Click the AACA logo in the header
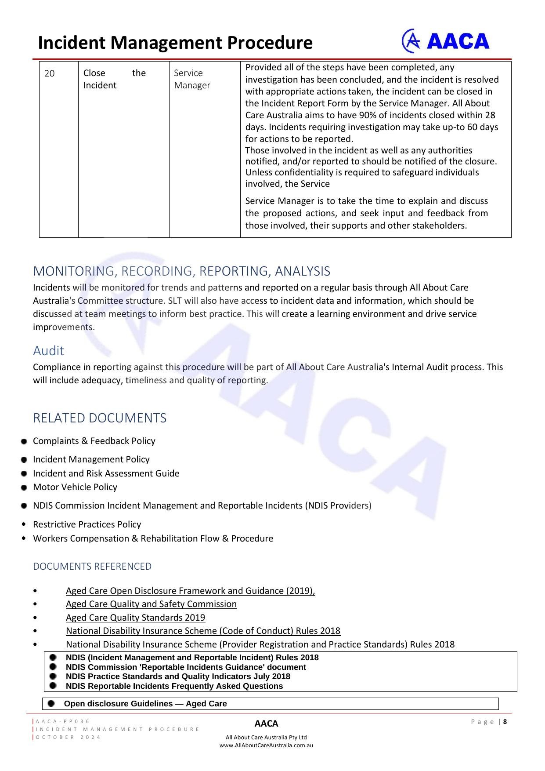click(x=445, y=41)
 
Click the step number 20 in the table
click(x=50, y=73)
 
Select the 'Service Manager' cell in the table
click(x=192, y=79)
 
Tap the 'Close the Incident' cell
click(x=114, y=79)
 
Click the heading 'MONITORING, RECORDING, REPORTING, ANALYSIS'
click(x=181, y=271)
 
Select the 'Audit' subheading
click(x=48, y=351)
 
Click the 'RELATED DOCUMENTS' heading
click(x=100, y=418)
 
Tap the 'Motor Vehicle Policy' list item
click(x=75, y=487)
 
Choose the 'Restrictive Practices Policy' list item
click(x=87, y=524)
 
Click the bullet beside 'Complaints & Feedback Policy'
click(x=24, y=441)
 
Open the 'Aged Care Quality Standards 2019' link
click(x=135, y=618)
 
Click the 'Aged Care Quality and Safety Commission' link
click(x=151, y=604)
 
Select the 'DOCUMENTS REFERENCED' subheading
click(x=92, y=566)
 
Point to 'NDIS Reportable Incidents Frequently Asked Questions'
click(x=174, y=686)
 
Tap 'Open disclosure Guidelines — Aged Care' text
click(x=145, y=704)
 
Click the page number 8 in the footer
click(x=505, y=722)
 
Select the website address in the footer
click(x=266, y=745)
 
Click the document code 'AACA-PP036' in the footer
click(x=63, y=721)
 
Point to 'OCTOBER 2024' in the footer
click(x=68, y=737)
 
